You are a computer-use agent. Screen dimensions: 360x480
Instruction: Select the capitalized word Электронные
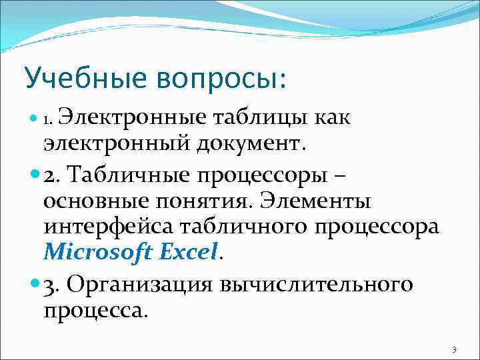[137, 119]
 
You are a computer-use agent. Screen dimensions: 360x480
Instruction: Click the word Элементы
[315, 200]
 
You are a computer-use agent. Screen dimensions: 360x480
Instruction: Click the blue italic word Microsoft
[98, 253]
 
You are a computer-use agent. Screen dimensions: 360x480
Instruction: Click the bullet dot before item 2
[35, 176]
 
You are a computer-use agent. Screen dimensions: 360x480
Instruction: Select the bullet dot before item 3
[35, 285]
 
